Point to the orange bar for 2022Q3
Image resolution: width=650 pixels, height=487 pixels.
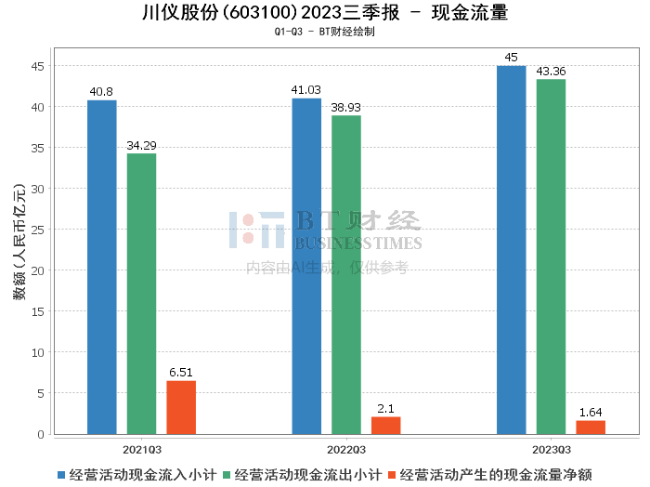tap(385, 425)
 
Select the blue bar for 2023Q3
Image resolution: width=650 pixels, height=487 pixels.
tap(511, 250)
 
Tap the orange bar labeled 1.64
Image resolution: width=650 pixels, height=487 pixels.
tap(590, 427)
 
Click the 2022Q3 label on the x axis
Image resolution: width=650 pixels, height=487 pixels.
tap(346, 448)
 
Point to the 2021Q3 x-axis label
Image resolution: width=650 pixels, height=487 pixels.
tap(141, 448)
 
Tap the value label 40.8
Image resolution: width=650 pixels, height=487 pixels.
tap(102, 91)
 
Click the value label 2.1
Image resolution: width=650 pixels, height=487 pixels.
tap(385, 408)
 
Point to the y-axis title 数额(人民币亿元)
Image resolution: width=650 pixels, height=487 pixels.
tap(18, 246)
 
